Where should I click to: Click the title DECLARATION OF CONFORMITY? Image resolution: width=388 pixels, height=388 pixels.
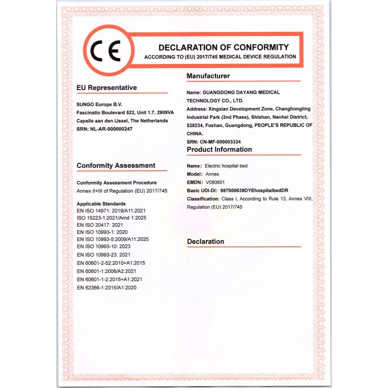click(224, 48)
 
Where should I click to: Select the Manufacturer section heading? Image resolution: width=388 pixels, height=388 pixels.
click(208, 76)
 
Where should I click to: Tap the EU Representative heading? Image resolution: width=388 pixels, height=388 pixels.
click(107, 88)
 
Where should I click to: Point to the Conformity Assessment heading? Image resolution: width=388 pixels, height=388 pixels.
click(116, 166)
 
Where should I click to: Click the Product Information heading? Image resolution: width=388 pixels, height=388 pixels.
click(219, 149)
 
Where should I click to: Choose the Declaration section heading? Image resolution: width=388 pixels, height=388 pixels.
click(206, 242)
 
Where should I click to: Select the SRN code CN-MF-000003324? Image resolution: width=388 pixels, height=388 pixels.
click(221, 141)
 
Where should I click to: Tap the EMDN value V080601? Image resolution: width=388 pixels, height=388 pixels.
click(215, 182)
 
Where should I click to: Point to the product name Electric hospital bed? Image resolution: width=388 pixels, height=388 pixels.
click(226, 166)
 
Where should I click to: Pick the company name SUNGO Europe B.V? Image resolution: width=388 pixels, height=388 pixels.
click(99, 104)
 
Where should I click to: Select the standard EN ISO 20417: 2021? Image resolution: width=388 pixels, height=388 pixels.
click(100, 225)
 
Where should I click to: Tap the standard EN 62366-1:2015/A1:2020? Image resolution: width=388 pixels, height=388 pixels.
click(107, 288)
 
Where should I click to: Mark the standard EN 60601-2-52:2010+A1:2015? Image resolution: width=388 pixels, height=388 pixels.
click(111, 263)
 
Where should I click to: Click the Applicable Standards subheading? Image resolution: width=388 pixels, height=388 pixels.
click(101, 204)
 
